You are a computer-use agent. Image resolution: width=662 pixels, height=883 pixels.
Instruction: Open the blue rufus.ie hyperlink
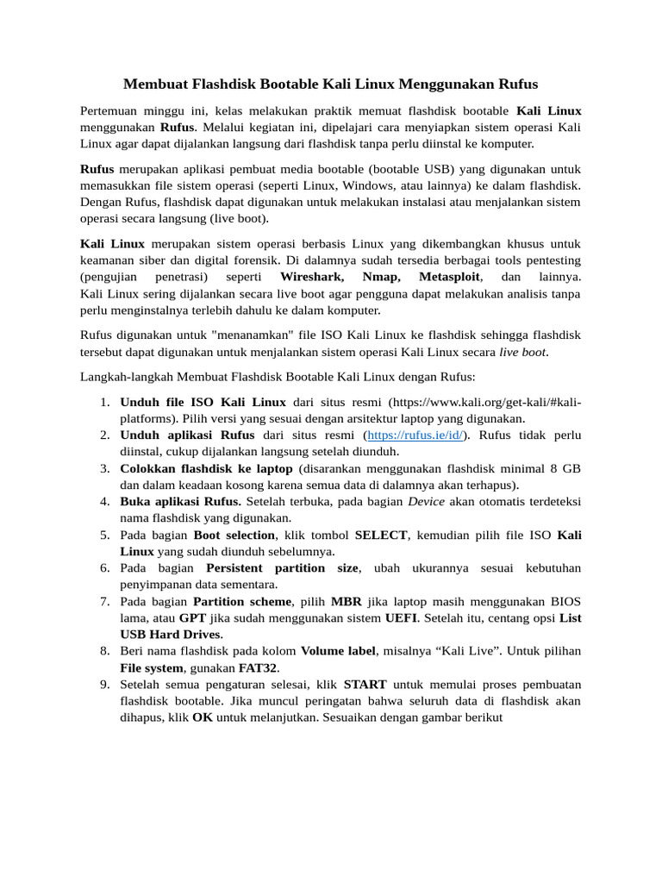414,435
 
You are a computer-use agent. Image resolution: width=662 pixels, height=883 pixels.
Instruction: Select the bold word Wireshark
312,278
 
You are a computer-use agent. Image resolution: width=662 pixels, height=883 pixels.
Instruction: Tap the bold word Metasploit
451,278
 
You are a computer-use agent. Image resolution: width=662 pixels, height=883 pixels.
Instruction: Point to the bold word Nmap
380,278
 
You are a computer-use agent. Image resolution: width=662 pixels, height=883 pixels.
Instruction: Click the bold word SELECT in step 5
380,535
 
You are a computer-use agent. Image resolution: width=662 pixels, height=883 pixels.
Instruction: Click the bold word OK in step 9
203,717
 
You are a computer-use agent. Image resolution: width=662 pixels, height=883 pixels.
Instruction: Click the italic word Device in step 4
426,501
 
